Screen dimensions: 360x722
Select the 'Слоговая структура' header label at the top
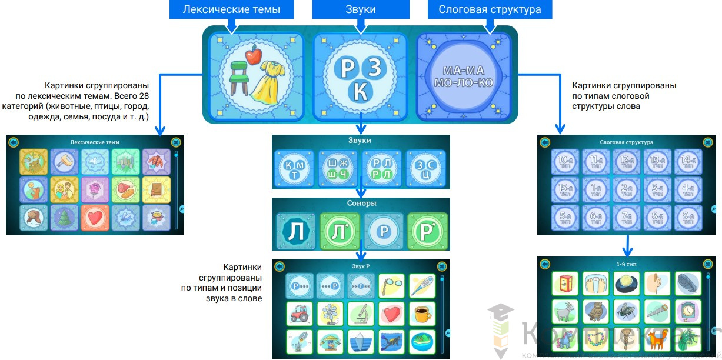(x=490, y=9)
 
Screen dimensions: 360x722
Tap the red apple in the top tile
(x=252, y=57)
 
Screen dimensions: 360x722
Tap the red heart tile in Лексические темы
(x=95, y=217)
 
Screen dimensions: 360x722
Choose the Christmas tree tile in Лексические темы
(x=64, y=217)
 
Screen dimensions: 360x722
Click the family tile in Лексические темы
(x=64, y=189)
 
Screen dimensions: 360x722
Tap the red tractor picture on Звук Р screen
(x=300, y=314)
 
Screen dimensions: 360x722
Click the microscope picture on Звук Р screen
(x=361, y=314)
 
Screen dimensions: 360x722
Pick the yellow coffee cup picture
(x=422, y=314)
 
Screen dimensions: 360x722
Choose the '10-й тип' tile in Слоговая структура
(x=564, y=162)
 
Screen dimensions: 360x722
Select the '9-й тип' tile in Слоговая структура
(x=688, y=219)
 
